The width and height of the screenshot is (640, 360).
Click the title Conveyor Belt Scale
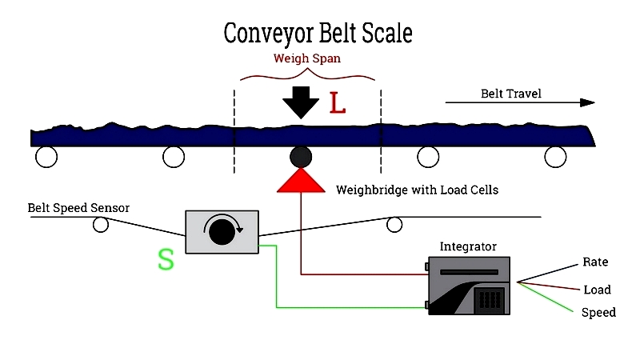[318, 34]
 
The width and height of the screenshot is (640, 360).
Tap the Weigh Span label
[307, 58]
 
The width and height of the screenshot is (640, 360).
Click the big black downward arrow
[301, 102]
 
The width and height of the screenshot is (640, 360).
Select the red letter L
[337, 103]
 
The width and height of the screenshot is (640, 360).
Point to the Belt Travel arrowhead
[587, 102]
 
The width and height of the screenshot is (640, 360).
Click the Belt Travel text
[511, 94]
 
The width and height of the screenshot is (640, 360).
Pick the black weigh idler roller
[301, 157]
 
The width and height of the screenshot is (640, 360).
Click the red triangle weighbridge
[301, 181]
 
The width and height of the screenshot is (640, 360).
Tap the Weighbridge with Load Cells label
[417, 190]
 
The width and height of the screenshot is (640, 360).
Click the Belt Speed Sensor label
[78, 208]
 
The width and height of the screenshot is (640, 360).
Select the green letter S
[166, 259]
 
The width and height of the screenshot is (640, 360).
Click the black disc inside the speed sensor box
[222, 232]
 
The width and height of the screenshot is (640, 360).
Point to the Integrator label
[468, 246]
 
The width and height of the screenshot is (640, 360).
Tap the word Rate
[595, 262]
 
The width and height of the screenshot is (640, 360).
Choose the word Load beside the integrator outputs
[597, 290]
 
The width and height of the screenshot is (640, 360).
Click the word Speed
[598, 312]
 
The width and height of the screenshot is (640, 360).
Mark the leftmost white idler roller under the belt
[46, 157]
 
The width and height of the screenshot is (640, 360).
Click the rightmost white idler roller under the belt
[555, 157]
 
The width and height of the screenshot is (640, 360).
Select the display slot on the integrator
[469, 272]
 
